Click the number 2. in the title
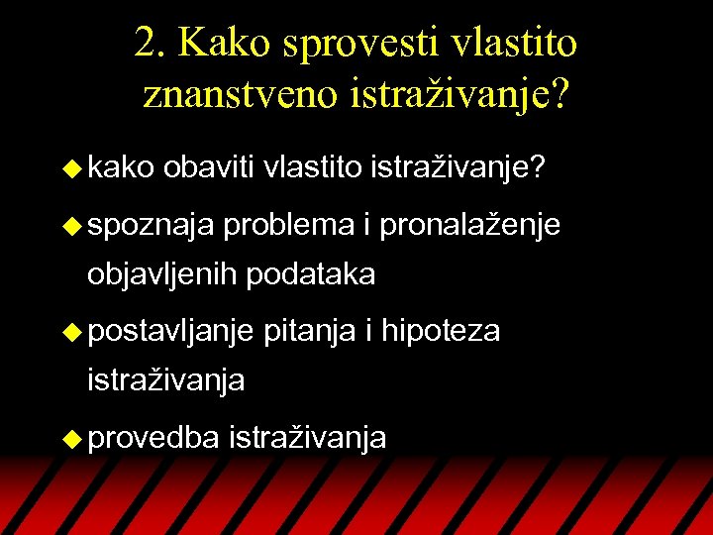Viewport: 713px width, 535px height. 152,43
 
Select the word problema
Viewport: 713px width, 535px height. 288,227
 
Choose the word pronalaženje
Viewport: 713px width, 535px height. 470,227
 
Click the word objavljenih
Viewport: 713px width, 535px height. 162,274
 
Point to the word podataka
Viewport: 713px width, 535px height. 311,274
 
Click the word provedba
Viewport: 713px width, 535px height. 153,437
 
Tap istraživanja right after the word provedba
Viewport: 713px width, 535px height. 307,437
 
